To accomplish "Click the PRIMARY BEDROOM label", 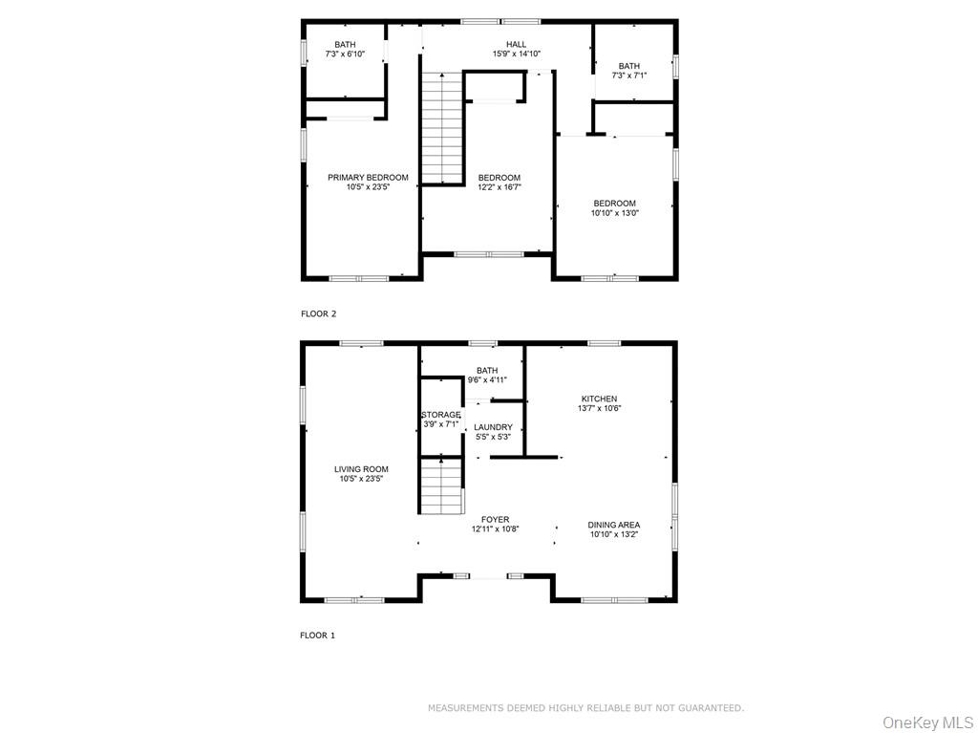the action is pyautogui.click(x=368, y=178).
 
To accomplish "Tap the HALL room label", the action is pyautogui.click(x=517, y=44).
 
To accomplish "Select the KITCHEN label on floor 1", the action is pyautogui.click(x=600, y=399).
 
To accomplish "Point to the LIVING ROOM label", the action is pyautogui.click(x=361, y=469).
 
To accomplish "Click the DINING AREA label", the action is pyautogui.click(x=614, y=525).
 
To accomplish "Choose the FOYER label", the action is pyautogui.click(x=496, y=520).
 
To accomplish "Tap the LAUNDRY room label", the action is pyautogui.click(x=493, y=427).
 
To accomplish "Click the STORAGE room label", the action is pyautogui.click(x=441, y=415).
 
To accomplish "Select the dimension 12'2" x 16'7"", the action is pyautogui.click(x=500, y=186).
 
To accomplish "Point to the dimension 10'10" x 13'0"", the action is pyautogui.click(x=615, y=213).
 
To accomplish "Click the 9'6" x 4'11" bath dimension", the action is pyautogui.click(x=487, y=379).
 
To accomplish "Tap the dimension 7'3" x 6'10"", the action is pyautogui.click(x=345, y=54).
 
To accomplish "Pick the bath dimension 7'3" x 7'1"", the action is pyautogui.click(x=629, y=75).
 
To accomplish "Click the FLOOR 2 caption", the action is pyautogui.click(x=319, y=314).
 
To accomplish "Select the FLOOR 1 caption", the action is pyautogui.click(x=317, y=636).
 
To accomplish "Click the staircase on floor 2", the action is pyautogui.click(x=442, y=128).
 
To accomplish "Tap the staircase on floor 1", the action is pyautogui.click(x=441, y=485).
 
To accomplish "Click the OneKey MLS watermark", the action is pyautogui.click(x=927, y=723).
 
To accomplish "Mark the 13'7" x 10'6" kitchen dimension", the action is pyautogui.click(x=600, y=409).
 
